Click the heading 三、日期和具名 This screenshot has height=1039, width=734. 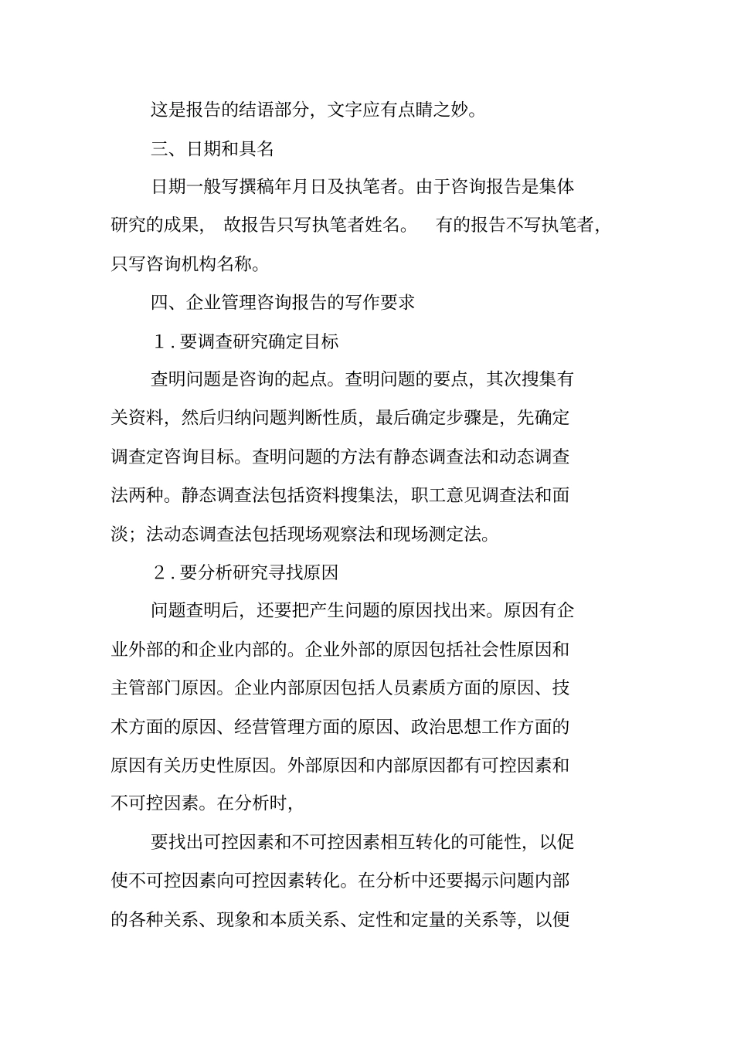click(212, 148)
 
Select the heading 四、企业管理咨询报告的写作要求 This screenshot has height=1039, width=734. click(283, 302)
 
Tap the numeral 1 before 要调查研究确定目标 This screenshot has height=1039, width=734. click(161, 341)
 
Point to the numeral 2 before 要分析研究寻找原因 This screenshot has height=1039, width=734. click(161, 573)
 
